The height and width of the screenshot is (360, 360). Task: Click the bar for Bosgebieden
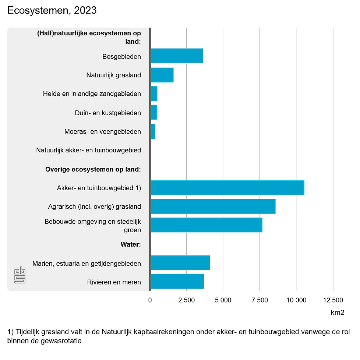coord(176,56)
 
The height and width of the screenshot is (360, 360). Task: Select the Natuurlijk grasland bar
coord(162,75)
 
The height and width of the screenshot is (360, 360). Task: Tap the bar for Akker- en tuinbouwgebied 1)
coord(227,188)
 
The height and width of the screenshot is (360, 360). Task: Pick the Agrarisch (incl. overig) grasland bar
coord(213,206)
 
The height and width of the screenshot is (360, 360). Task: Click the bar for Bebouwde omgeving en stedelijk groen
coord(206,225)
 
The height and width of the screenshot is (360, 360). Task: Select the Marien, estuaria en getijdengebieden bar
coord(180,263)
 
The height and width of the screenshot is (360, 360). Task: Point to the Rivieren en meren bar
coord(177,282)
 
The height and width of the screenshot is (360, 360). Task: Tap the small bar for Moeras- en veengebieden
coord(152,131)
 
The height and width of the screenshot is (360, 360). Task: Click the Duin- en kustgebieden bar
coord(153,113)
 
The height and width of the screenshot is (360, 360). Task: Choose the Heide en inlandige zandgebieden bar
coord(154,94)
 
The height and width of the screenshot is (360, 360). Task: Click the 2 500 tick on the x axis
coord(187,300)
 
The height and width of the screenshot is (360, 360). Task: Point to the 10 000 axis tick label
coord(296,300)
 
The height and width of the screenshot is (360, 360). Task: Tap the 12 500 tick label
coord(333,300)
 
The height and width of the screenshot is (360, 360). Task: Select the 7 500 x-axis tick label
coord(260,300)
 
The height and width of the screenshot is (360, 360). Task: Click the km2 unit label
coord(337,313)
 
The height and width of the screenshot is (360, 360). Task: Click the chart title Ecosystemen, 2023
coord(52,10)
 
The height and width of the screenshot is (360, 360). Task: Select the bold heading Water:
coord(131,244)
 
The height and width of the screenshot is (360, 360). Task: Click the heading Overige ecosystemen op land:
coord(93,169)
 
